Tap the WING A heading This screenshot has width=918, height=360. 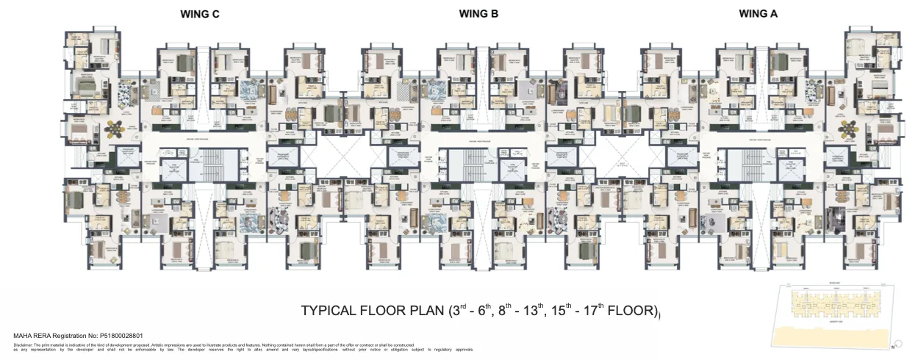pyautogui.click(x=759, y=14)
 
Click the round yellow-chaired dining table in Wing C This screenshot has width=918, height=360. pyautogui.click(x=116, y=129)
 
